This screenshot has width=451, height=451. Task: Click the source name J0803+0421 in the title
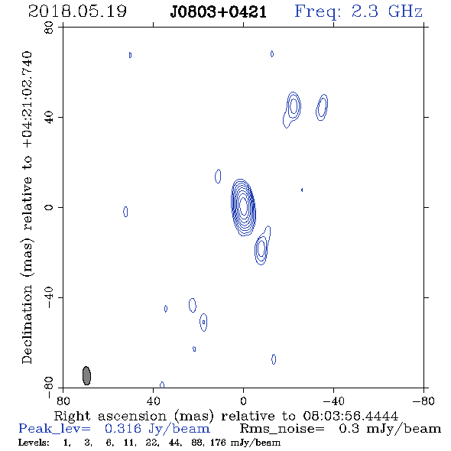219,12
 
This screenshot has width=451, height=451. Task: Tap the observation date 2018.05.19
77,11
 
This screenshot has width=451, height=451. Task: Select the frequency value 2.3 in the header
365,11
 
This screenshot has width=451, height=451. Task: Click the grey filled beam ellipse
86,375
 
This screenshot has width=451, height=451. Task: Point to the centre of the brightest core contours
243,207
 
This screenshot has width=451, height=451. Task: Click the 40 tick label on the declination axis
49,118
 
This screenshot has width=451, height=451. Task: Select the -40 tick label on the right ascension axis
334,401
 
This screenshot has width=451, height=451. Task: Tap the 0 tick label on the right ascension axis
243,401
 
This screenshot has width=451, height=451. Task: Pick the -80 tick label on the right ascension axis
423,401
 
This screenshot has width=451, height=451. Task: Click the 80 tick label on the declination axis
49,28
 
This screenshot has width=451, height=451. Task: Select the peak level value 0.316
123,429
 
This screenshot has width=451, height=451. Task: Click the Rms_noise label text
282,429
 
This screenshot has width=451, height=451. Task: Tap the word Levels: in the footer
34,442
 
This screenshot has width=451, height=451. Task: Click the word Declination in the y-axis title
27,324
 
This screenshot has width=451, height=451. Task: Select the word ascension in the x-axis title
132,416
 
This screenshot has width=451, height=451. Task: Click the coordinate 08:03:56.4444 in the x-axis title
351,416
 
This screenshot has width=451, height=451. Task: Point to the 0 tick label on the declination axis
49,207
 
